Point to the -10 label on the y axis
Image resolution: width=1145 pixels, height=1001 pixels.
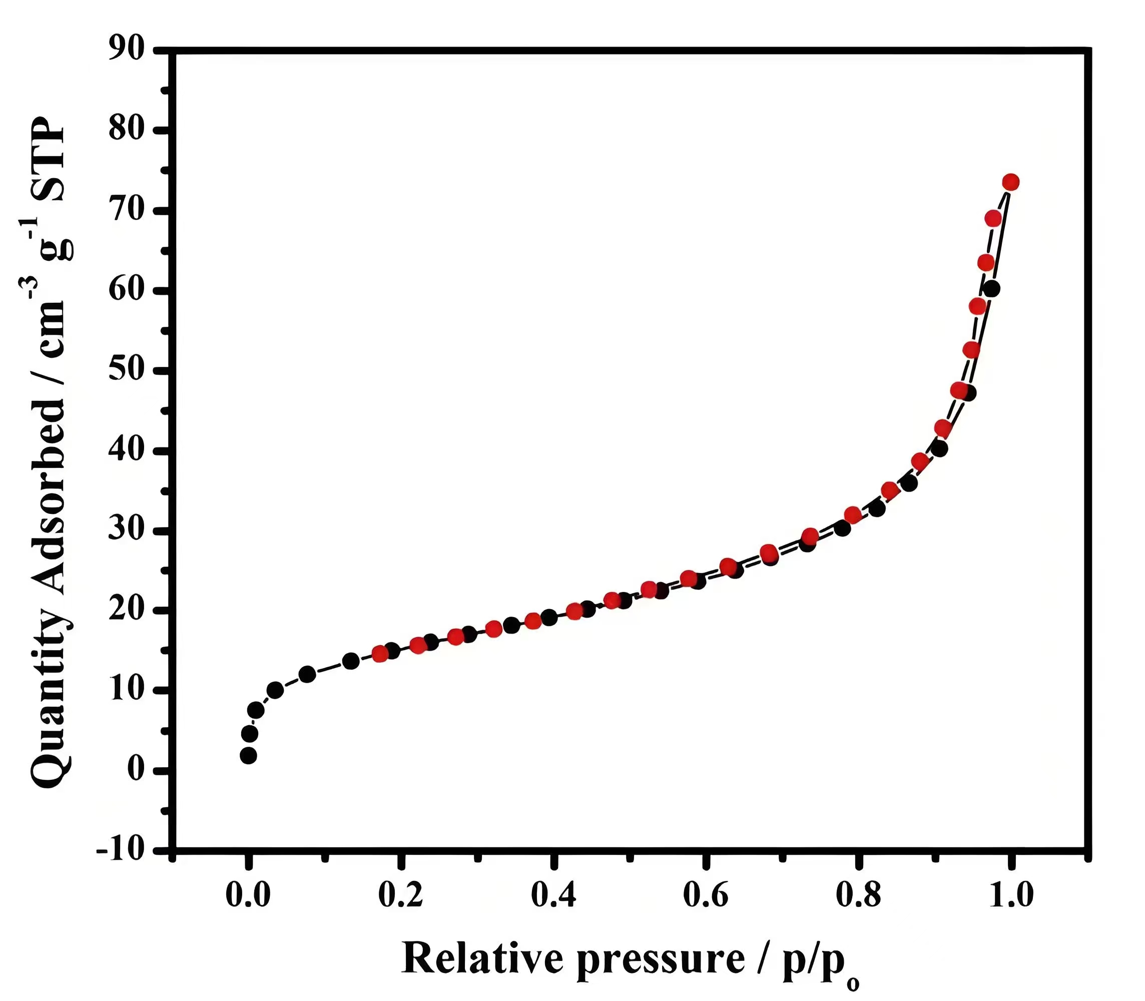[x=120, y=850]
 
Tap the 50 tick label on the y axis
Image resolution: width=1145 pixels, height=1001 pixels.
[x=126, y=370]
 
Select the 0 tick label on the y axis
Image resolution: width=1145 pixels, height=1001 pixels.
[x=136, y=770]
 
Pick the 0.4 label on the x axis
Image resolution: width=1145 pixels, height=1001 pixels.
[x=553, y=895]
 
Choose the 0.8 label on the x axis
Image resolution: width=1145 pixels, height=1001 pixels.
[x=858, y=895]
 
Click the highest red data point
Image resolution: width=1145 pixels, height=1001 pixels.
[x=1010, y=182]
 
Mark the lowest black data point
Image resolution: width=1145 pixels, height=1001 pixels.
[x=248, y=756]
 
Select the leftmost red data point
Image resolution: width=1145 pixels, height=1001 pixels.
[x=380, y=654]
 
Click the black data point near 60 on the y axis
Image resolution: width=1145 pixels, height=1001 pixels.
[x=992, y=289]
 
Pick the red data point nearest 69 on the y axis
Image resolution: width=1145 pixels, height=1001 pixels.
[x=993, y=218]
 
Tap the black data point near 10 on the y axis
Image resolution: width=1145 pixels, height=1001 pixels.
[x=275, y=690]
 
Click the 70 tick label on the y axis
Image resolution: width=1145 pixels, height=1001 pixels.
[x=126, y=211]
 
